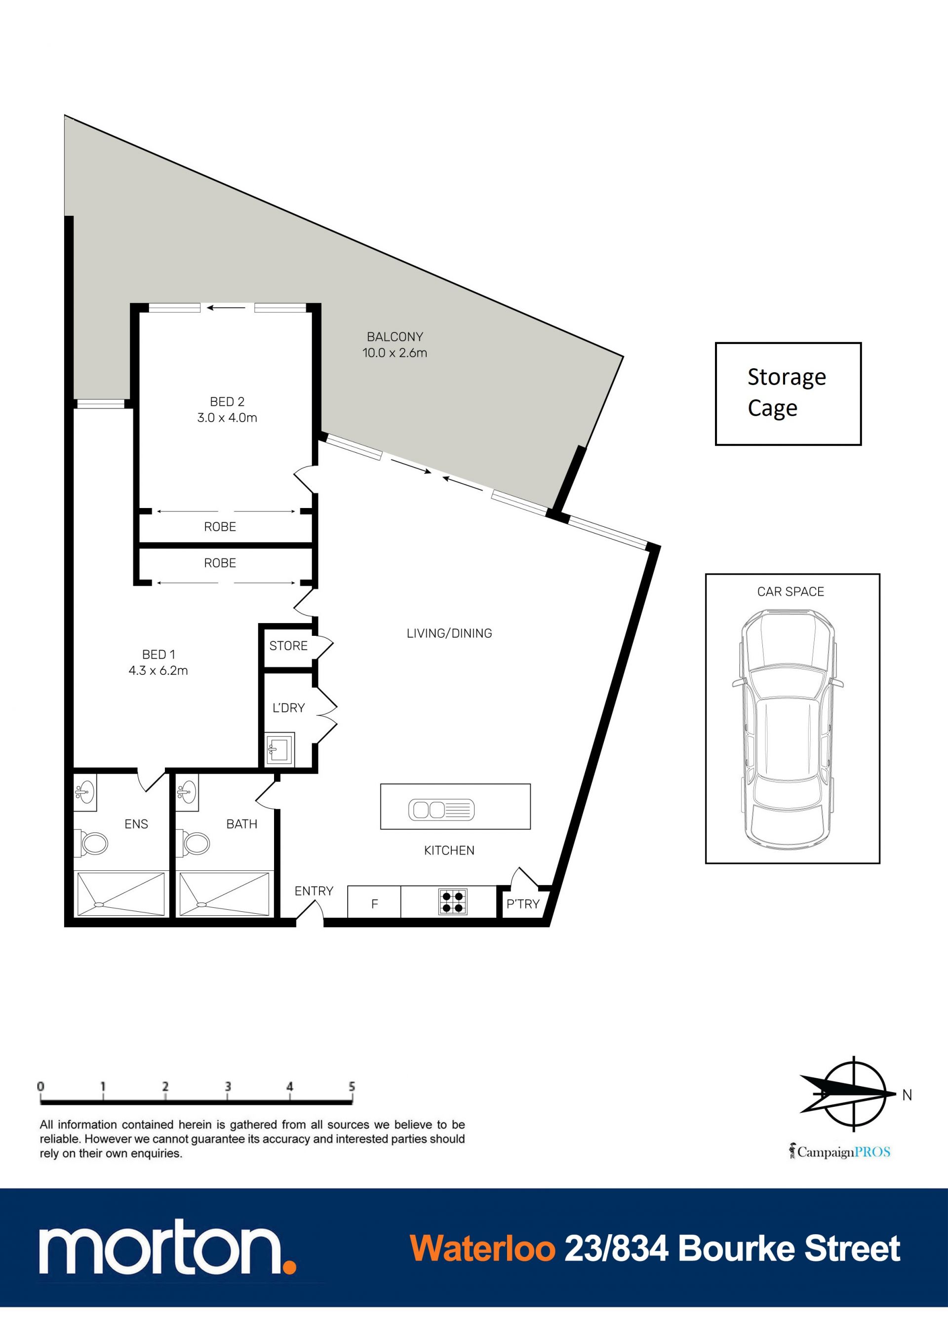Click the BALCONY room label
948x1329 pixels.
pyautogui.click(x=395, y=337)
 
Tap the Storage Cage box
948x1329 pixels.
pyautogui.click(x=788, y=394)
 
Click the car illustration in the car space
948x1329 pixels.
pyautogui.click(x=788, y=730)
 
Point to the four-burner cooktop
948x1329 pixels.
pyautogui.click(x=453, y=902)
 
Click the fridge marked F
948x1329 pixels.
pyautogui.click(x=374, y=902)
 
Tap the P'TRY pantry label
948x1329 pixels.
pyautogui.click(x=522, y=904)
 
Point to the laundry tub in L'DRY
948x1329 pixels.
pyautogui.click(x=279, y=748)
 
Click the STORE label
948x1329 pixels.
pyautogui.click(x=288, y=646)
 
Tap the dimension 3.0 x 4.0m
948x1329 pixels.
pyautogui.click(x=227, y=417)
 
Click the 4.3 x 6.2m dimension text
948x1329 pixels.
pyautogui.click(x=158, y=670)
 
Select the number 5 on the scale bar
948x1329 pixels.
pyautogui.click(x=352, y=1086)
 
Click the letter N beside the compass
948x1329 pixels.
pyautogui.click(x=907, y=1095)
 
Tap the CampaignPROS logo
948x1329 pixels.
pyautogui.click(x=840, y=1152)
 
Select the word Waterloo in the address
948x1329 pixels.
pyautogui.click(x=482, y=1249)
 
